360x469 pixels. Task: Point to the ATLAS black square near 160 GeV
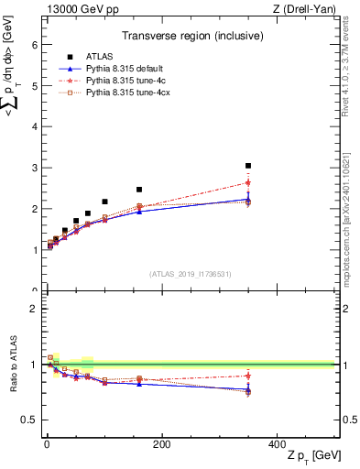coord(139,190)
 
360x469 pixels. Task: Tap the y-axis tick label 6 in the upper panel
coord(34,45)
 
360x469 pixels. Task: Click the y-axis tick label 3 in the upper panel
coord(34,168)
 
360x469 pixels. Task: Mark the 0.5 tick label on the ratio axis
coord(29,420)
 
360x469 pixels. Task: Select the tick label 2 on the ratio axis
coord(34,309)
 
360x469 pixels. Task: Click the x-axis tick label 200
coord(162,444)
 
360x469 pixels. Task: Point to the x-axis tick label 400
coord(277,444)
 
